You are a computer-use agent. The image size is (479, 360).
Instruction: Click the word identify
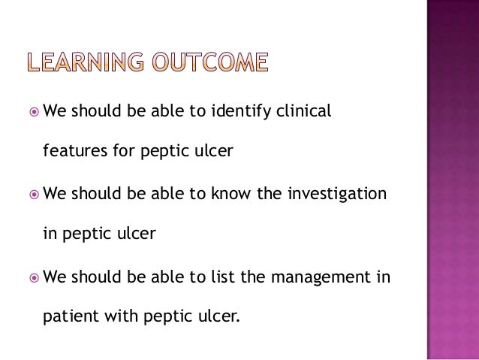click(x=243, y=111)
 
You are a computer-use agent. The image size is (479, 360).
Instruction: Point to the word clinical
click(x=305, y=111)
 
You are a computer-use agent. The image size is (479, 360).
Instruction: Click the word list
click(x=225, y=277)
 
